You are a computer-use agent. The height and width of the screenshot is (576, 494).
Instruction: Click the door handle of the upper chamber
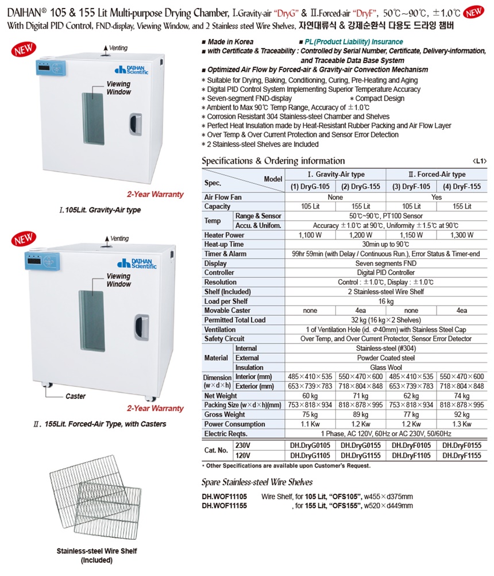click(x=134, y=124)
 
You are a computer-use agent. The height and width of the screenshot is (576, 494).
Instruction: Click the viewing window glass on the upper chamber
click(x=91, y=118)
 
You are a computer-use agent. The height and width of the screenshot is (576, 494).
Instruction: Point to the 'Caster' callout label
click(x=75, y=396)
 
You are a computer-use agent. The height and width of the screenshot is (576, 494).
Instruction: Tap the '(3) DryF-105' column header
click(x=411, y=186)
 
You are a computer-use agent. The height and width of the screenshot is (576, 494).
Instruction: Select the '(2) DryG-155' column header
click(x=361, y=186)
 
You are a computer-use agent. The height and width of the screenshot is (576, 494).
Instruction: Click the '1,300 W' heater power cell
click(x=462, y=235)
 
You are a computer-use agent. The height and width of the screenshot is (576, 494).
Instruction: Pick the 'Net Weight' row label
click(x=221, y=396)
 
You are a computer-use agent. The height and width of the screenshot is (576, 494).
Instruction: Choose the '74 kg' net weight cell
click(x=462, y=396)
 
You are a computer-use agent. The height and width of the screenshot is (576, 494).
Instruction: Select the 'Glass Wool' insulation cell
click(x=385, y=368)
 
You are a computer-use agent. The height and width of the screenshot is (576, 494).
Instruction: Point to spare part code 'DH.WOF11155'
click(x=224, y=506)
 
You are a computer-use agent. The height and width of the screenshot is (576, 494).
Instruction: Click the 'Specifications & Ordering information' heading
click(x=273, y=161)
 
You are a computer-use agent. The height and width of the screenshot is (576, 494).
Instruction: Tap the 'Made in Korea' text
click(x=231, y=42)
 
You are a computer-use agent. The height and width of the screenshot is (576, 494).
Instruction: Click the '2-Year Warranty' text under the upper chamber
click(x=155, y=194)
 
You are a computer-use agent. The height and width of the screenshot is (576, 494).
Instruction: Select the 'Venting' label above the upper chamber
click(x=118, y=48)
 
